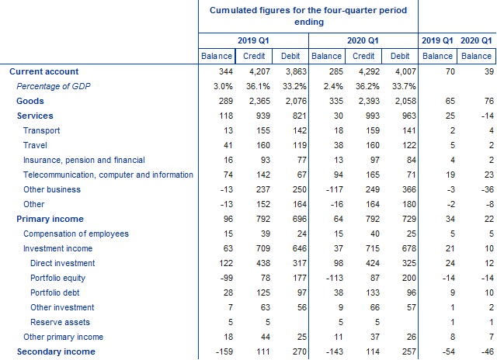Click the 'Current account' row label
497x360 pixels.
(42, 71)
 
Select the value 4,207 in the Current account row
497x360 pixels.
(258, 71)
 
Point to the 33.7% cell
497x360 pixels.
(400, 86)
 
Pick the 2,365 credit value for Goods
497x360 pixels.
(258, 101)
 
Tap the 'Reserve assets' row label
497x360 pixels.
(60, 322)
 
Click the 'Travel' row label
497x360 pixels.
(35, 145)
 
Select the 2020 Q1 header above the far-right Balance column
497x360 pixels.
(476, 40)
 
